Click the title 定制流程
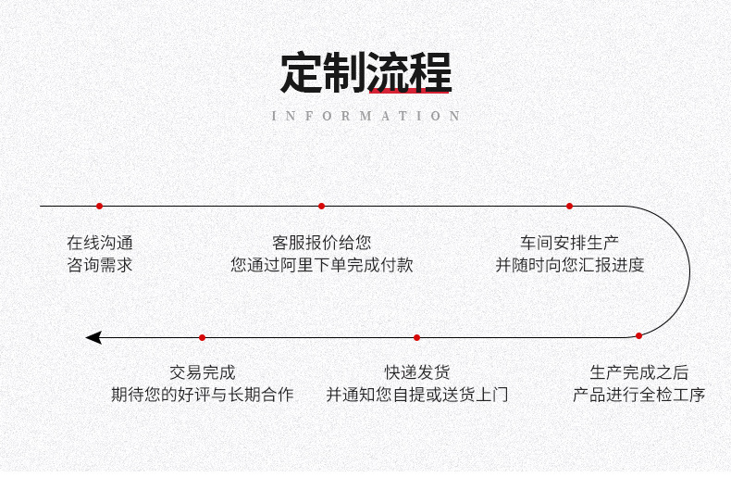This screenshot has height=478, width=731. (x=365, y=73)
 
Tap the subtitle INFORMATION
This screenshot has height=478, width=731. (x=366, y=116)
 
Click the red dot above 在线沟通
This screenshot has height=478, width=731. (x=99, y=206)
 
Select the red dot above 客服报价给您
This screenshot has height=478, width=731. (x=321, y=206)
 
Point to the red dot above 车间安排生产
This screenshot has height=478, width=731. (x=569, y=206)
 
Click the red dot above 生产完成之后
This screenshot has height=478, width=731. (x=638, y=335)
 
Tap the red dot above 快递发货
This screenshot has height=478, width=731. (x=416, y=337)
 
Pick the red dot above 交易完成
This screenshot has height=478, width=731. (x=202, y=337)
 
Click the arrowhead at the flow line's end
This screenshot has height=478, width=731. (x=93, y=337)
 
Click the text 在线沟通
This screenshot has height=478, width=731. (x=99, y=243)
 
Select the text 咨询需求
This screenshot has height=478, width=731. (x=99, y=265)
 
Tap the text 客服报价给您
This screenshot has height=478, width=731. (x=321, y=243)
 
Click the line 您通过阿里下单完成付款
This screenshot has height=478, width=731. (x=321, y=265)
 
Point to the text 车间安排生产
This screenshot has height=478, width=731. (x=569, y=243)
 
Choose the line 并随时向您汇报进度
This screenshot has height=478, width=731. (x=569, y=265)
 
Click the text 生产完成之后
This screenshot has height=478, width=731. (x=638, y=372)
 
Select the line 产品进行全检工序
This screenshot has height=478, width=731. (x=638, y=395)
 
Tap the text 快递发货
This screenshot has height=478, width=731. (x=417, y=372)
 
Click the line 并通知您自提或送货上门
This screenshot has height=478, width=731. (x=417, y=395)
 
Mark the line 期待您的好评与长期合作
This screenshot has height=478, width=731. (x=202, y=395)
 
